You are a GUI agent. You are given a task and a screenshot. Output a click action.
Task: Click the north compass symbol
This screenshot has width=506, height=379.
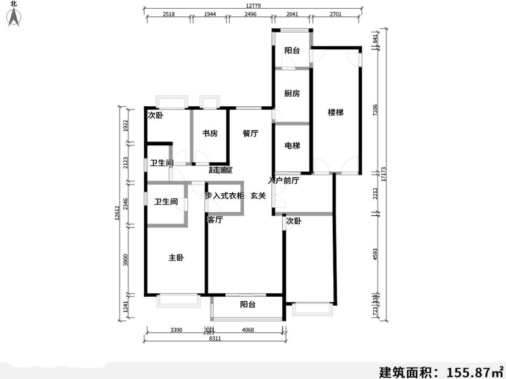click(13, 17)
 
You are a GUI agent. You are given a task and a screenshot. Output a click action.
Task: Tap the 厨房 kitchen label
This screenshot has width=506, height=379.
click(292, 93)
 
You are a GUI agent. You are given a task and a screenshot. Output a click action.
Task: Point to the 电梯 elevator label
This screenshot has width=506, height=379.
click(292, 146)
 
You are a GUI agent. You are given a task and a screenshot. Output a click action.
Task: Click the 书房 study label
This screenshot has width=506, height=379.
click(210, 133)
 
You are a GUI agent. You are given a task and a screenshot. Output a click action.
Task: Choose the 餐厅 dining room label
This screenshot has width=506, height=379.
click(250, 133)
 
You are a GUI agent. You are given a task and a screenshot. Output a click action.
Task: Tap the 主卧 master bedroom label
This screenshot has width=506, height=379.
click(176, 258)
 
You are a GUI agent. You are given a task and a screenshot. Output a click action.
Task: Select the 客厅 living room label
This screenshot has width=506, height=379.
click(215, 220)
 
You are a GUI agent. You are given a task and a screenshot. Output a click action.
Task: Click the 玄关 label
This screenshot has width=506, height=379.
click(257, 196)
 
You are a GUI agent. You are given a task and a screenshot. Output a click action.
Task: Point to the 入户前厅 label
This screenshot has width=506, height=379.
click(283, 181)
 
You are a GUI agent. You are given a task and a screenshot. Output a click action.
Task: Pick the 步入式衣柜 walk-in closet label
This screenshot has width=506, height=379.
click(225, 196)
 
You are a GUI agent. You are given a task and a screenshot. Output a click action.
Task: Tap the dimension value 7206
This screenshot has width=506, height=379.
click(375, 111)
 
